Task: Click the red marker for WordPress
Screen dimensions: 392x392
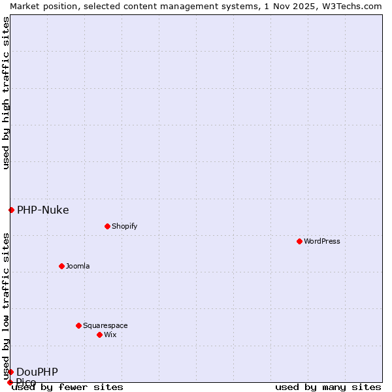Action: click(299, 241)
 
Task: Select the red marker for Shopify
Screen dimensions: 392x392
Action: click(107, 226)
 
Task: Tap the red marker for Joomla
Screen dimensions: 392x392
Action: click(61, 266)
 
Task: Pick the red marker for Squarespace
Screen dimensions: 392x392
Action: click(78, 325)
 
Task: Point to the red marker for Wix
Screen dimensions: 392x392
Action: click(99, 335)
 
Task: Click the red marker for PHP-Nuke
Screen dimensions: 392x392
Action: click(11, 210)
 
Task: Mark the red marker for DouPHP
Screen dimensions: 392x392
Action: click(10, 372)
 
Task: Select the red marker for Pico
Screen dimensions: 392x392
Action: click(10, 382)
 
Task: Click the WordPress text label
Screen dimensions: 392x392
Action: click(322, 241)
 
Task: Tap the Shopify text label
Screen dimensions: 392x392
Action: click(124, 226)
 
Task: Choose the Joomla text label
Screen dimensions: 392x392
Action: click(78, 266)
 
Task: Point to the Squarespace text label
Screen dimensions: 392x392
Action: click(105, 325)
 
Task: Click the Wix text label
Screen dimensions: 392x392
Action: click(110, 335)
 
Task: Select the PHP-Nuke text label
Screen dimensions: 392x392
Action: click(42, 210)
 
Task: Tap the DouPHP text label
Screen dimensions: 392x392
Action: click(37, 372)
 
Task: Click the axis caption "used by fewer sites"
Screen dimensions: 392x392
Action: click(67, 387)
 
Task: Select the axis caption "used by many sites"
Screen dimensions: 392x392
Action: click(328, 387)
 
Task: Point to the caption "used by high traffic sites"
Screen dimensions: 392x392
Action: click(6, 93)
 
